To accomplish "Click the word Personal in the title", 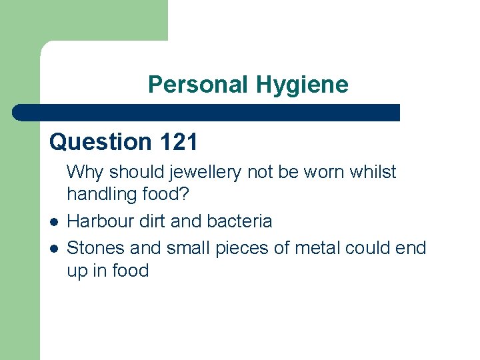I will tap(197, 85).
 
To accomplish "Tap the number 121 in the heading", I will tap(178, 142).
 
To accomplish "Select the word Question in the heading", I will tap(101, 142).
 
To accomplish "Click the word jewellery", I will tap(206, 172).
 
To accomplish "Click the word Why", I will tap(85, 172).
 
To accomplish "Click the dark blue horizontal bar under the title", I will tap(207, 112).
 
